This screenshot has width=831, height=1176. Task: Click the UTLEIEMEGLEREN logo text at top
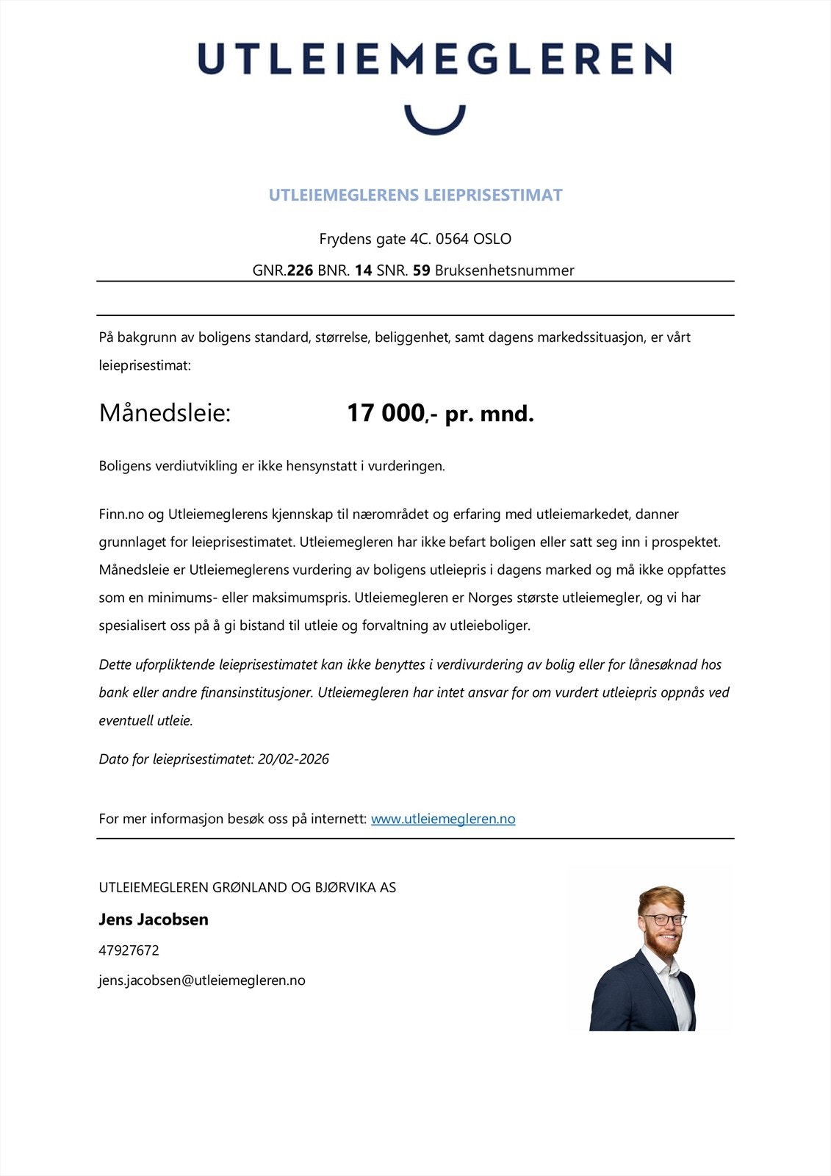tap(434, 59)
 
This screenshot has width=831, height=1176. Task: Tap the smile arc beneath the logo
tap(435, 125)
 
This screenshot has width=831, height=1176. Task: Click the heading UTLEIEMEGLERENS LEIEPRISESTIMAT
tap(415, 196)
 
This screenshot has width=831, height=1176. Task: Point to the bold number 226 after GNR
tap(300, 270)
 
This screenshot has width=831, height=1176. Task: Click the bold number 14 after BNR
tap(363, 270)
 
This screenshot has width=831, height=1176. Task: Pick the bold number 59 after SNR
tap(421, 270)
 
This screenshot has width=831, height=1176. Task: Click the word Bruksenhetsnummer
tap(504, 270)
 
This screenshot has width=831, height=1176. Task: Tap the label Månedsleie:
tap(165, 413)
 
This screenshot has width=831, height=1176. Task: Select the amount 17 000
tap(386, 413)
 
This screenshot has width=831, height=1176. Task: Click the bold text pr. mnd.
tap(489, 414)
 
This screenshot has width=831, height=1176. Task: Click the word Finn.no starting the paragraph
tap(121, 514)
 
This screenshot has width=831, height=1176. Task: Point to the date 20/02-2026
tap(293, 759)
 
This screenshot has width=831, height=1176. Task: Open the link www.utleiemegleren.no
tap(443, 819)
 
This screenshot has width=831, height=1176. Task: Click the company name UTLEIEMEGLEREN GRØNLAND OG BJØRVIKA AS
tap(248, 887)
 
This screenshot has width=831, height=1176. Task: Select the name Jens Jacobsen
tap(154, 919)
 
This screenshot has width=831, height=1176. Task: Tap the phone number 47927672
tap(129, 950)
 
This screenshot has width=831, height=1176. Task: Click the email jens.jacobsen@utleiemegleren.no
tap(202, 980)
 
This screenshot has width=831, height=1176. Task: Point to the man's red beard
tap(665, 946)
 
